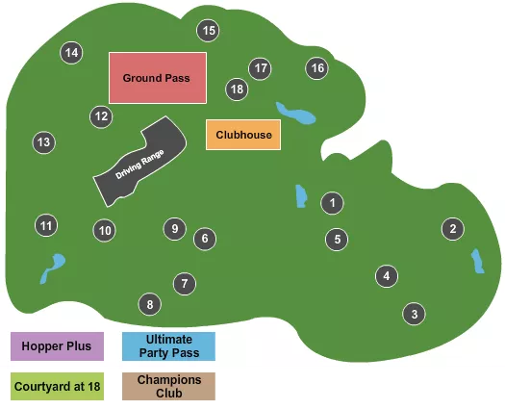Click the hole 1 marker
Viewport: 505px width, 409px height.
[x=332, y=203]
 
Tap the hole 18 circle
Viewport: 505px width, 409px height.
[x=238, y=89]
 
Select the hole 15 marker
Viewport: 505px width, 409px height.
[x=209, y=31]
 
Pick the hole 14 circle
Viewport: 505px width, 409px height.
[x=71, y=53]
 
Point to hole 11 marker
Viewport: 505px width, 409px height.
[x=46, y=225]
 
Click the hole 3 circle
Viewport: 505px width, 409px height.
[x=414, y=314]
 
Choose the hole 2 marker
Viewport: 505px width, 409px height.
[x=451, y=229]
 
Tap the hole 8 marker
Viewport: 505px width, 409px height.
[x=149, y=305]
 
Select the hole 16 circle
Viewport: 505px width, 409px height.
[x=317, y=68]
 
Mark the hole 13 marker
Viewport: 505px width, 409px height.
[x=43, y=142]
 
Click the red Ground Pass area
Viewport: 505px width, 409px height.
[x=157, y=78]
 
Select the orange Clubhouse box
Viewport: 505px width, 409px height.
[x=244, y=135]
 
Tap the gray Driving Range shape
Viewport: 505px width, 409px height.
[x=141, y=163]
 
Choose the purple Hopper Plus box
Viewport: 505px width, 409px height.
[x=58, y=345]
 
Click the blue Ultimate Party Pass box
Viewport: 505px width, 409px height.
[x=168, y=345]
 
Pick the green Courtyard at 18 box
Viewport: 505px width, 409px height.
[x=58, y=386]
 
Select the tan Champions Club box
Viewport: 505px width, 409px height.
[x=168, y=386]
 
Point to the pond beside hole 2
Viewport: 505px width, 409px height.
[x=477, y=261]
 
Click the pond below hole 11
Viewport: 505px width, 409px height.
[x=54, y=267]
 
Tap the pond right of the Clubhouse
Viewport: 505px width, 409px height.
[x=295, y=114]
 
